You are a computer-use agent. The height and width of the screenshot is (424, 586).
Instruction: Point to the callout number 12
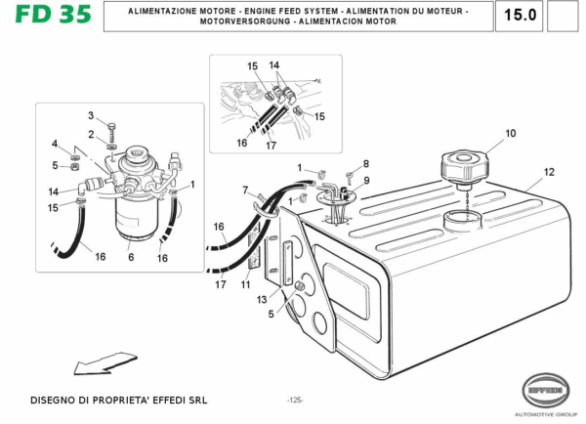[549, 172]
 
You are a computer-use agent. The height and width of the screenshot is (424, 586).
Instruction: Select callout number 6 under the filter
[130, 258]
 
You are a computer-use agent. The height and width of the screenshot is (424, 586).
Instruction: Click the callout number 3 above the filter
[91, 116]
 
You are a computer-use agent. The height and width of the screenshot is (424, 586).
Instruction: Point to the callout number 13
[262, 299]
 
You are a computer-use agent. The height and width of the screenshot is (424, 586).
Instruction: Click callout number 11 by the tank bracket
[246, 284]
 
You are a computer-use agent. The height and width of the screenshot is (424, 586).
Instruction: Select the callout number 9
[366, 181]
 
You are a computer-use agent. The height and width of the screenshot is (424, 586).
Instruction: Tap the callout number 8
[366, 163]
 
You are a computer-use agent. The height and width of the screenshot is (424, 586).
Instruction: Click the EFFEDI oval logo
[550, 387]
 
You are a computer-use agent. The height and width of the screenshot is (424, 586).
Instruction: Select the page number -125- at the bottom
[295, 400]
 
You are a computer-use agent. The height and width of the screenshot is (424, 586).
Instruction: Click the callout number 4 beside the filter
[55, 144]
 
